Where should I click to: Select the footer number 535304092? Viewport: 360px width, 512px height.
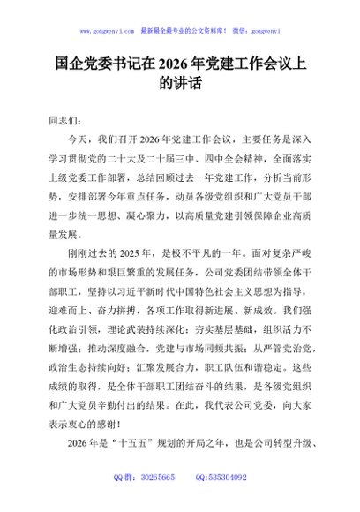pos(227,502)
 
